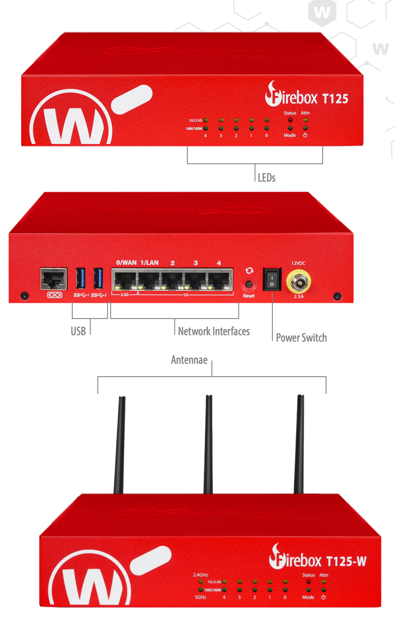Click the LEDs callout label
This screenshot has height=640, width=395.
click(x=266, y=177)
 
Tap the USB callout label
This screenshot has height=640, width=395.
click(x=78, y=331)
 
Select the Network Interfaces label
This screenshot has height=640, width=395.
click(x=214, y=331)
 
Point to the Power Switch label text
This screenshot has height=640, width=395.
click(x=301, y=338)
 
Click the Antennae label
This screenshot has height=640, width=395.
click(x=189, y=360)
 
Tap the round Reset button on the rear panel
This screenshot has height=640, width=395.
click(x=249, y=285)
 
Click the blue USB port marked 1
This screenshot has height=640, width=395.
click(x=81, y=279)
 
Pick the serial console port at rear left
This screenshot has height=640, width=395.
click(x=54, y=279)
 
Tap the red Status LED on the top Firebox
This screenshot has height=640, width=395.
click(x=290, y=120)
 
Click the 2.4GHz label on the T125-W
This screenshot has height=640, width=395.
click(x=201, y=575)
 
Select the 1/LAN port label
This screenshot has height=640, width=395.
click(x=150, y=262)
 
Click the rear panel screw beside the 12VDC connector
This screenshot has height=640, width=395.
click(x=337, y=296)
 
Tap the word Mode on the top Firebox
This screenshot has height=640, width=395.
click(x=290, y=135)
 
